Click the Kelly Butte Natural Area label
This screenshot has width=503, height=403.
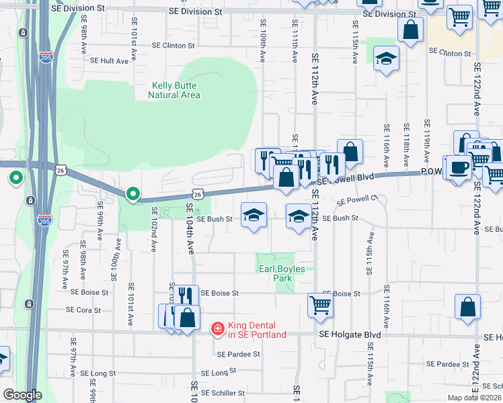[175, 90]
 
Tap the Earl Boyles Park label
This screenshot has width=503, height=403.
[282, 274]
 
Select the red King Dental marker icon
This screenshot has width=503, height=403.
[218, 329]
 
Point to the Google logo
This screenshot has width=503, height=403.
[22, 395]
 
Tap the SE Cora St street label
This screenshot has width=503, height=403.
[83, 310]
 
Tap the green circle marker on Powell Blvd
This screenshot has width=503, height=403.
[133, 194]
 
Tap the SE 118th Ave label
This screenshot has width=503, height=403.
[406, 145]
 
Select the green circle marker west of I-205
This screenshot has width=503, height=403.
[15, 179]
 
